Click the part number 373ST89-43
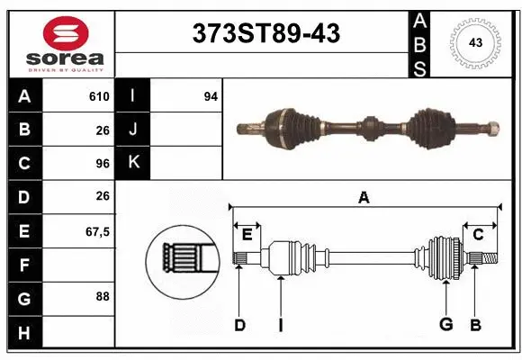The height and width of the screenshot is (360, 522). coord(267,34)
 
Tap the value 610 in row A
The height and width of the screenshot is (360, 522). coord(98,96)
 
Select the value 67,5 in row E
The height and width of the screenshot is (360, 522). coord(97,231)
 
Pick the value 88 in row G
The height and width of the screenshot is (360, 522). coord(103,295)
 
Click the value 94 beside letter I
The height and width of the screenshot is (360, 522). coord(211,96)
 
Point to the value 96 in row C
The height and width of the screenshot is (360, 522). coord(102,163)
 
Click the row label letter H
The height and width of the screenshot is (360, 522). coord(23,332)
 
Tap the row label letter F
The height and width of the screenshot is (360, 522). coord(23,265)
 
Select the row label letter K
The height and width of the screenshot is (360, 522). coord(133,163)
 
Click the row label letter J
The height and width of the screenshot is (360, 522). coord(133,130)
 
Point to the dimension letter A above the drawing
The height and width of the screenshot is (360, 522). coord(364,197)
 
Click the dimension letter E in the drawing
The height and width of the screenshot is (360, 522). coord(247,235)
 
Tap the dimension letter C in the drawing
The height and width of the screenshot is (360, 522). coord(479,235)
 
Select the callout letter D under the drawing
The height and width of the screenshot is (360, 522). coord(239,325)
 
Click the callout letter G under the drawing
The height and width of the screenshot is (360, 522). coord(445,325)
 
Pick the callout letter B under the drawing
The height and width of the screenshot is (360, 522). coord(476,325)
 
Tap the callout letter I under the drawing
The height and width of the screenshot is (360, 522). coord(280,325)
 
